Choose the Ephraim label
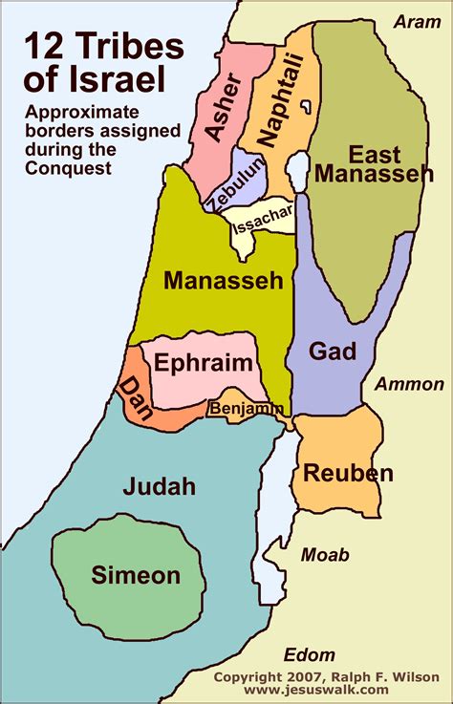coord(204,363)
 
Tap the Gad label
coord(333,352)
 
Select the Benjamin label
coord(246,409)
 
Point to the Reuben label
coord(348,473)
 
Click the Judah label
coord(159,487)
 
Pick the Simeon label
coord(136,575)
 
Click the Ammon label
coord(409,385)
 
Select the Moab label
coord(325,555)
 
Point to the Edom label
coord(310,655)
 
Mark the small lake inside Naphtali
coord(307,104)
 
